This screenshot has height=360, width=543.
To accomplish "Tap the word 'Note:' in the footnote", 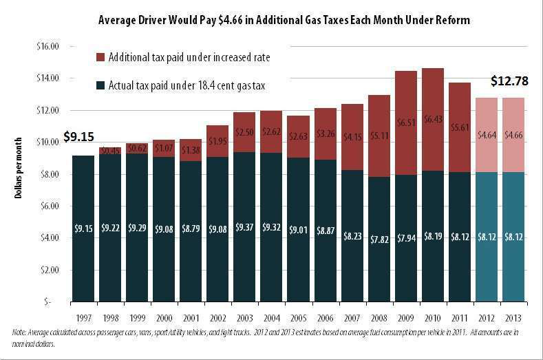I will pos(21,333).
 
